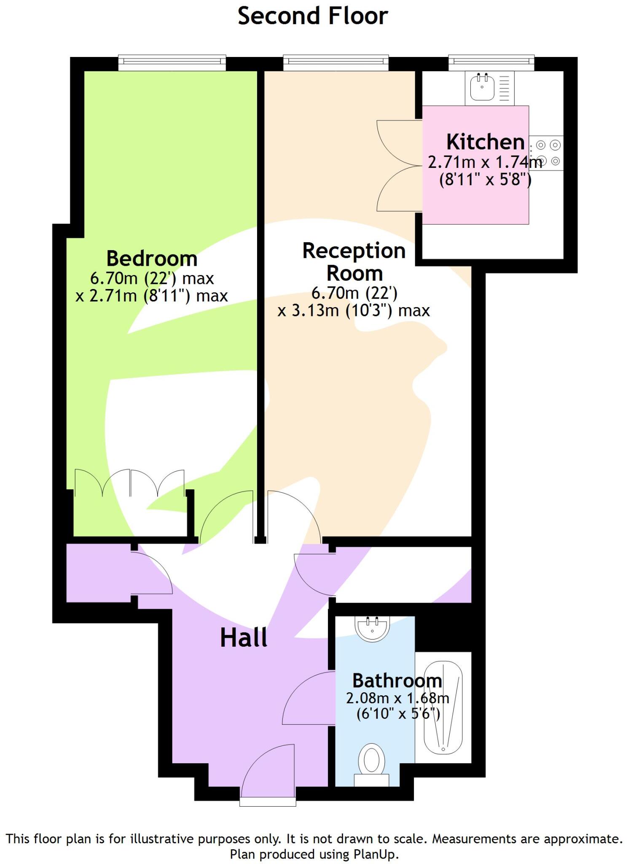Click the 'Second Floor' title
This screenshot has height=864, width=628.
pyautogui.click(x=312, y=16)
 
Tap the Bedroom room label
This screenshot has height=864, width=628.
pyautogui.click(x=152, y=258)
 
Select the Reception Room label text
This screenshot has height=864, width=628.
pyautogui.click(x=354, y=262)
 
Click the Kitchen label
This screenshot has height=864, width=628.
pyautogui.click(x=485, y=142)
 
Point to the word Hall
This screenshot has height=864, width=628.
pyautogui.click(x=244, y=637)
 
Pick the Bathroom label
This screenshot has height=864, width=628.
pyautogui.click(x=397, y=680)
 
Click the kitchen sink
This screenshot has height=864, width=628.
pyautogui.click(x=482, y=87)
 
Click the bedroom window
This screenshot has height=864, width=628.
pyautogui.click(x=172, y=62)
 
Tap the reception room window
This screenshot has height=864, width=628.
pyautogui.click(x=335, y=62)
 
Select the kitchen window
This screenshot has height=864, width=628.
pyautogui.click(x=491, y=62)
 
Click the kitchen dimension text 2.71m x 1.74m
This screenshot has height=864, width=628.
pyautogui.click(x=485, y=162)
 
